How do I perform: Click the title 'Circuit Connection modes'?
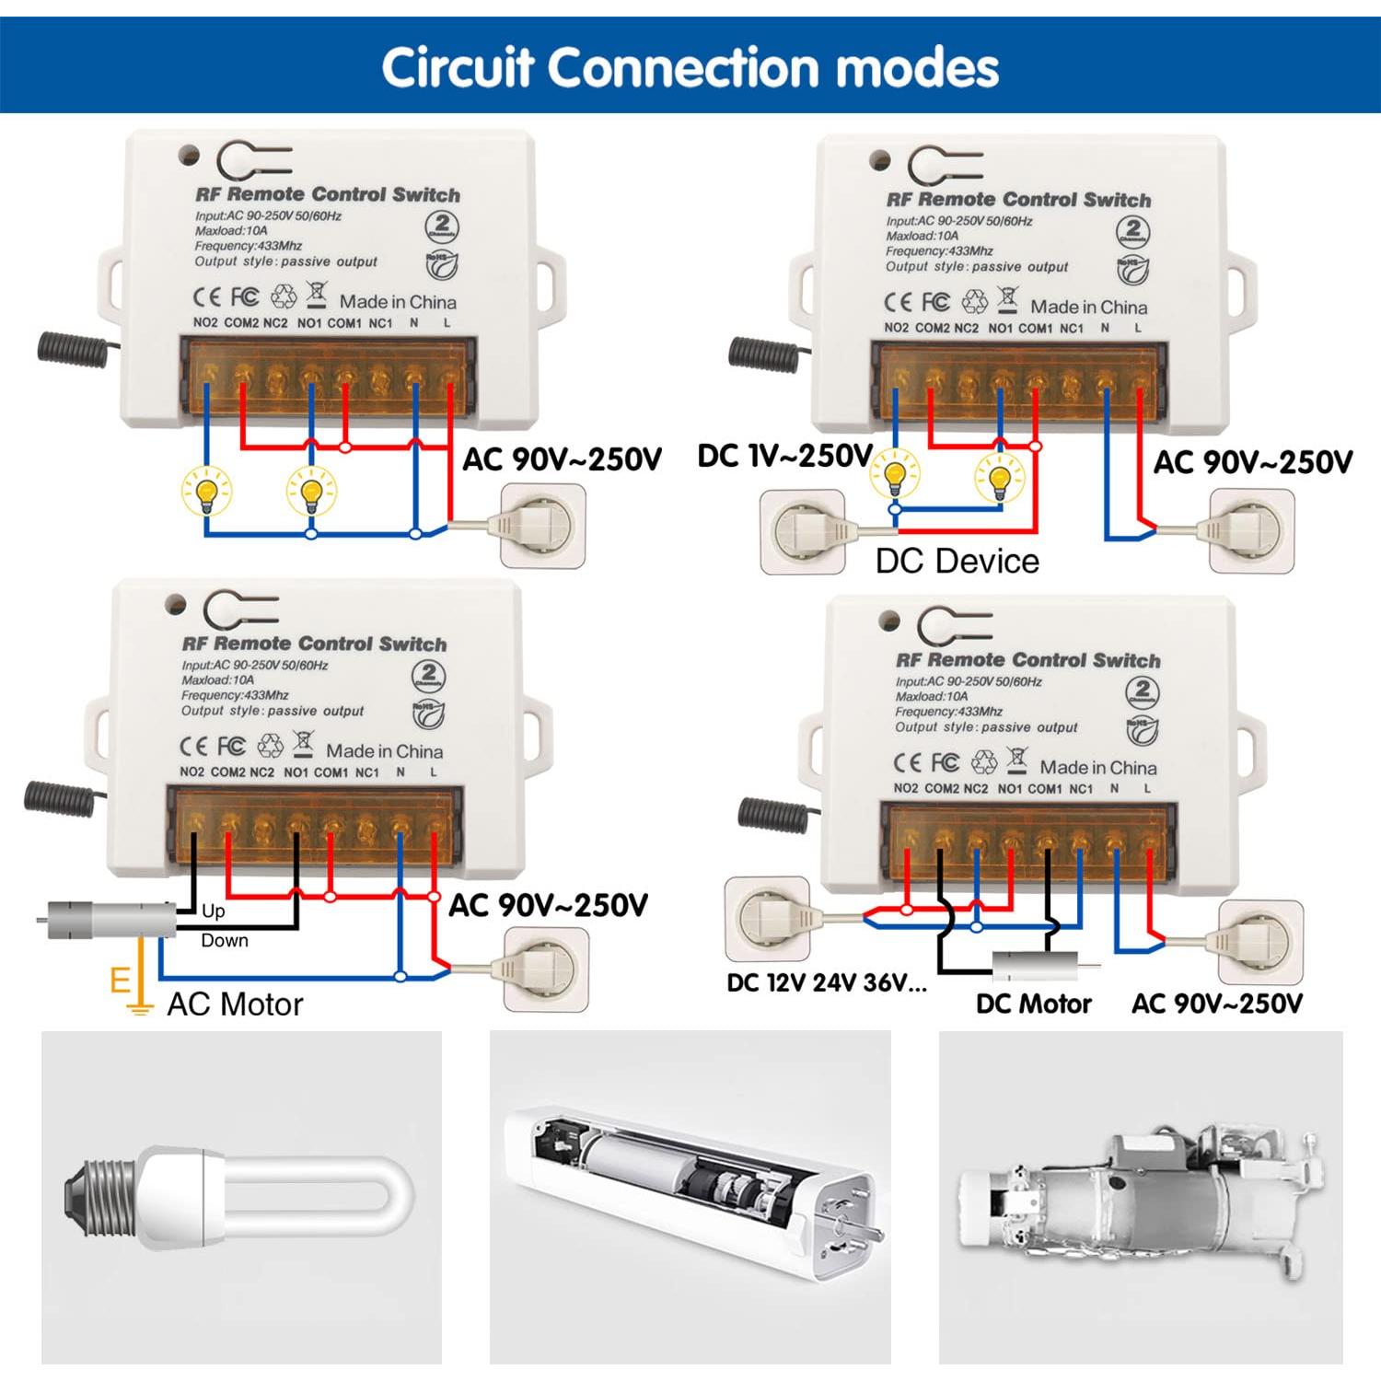[x=690, y=67]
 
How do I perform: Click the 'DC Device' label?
[x=957, y=561]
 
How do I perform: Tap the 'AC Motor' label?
[x=235, y=1004]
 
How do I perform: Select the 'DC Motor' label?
[x=1033, y=1004]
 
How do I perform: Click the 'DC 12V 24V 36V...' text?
[x=827, y=983]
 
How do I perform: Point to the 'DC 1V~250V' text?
[x=784, y=456]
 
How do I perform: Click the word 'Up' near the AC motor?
[x=213, y=911]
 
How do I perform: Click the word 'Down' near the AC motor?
[x=225, y=940]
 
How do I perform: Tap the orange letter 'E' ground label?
[x=120, y=981]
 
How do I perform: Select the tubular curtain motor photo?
[x=690, y=1198]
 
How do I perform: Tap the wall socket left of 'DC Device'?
[x=801, y=531]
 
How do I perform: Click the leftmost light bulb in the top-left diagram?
[x=207, y=490]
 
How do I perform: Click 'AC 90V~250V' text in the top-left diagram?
[x=562, y=458]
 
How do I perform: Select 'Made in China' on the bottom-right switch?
[x=1097, y=767]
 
